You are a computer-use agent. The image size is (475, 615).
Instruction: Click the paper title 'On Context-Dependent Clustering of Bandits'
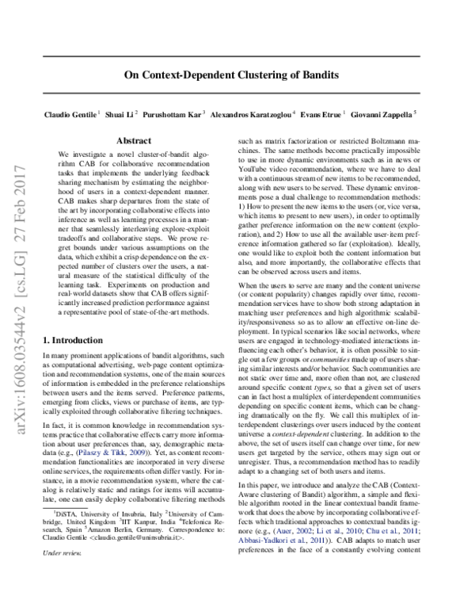pyautogui.click(x=237, y=75)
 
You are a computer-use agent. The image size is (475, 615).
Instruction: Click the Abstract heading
pyautogui.click(x=134, y=139)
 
